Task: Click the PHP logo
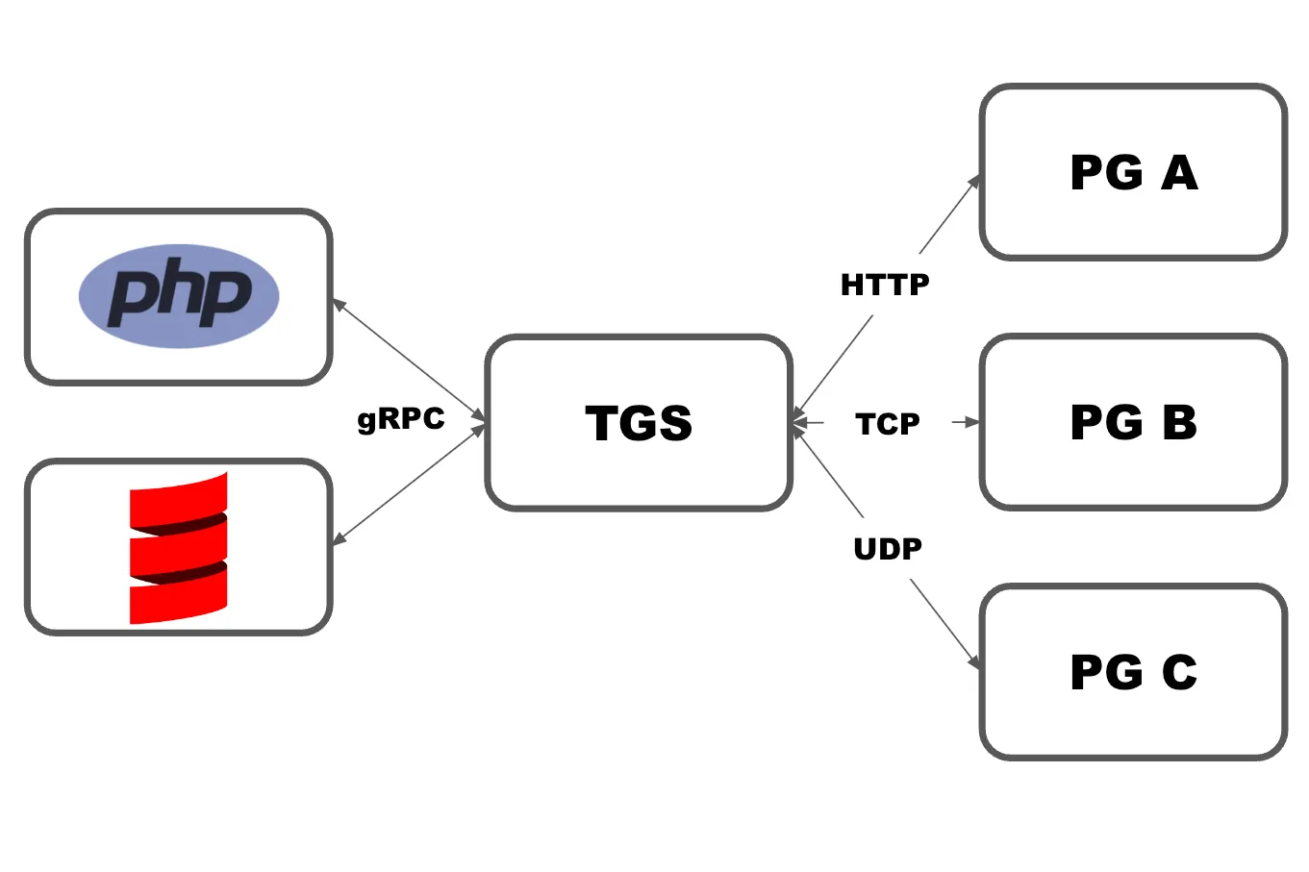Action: pos(179,295)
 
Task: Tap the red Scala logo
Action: pos(179,547)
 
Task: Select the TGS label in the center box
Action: pos(639,423)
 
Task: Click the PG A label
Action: pos(1133,173)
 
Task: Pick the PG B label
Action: pos(1133,423)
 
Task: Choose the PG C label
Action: pos(1133,672)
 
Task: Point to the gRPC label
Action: pos(401,419)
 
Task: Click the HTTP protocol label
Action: pos(885,285)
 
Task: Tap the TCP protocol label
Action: pos(888,423)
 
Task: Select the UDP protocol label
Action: pos(888,549)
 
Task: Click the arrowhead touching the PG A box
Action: pos(975,181)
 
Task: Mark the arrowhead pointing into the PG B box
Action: pos(972,422)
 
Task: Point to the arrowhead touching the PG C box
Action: pos(975,663)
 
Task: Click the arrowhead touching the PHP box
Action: pos(339,305)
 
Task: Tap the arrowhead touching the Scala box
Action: pos(339,539)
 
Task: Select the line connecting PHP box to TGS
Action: pos(409,361)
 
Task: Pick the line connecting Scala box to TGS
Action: pos(409,484)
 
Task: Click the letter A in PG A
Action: pos(1179,173)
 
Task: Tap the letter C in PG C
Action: pos(1179,672)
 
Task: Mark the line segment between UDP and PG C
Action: pos(943,621)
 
